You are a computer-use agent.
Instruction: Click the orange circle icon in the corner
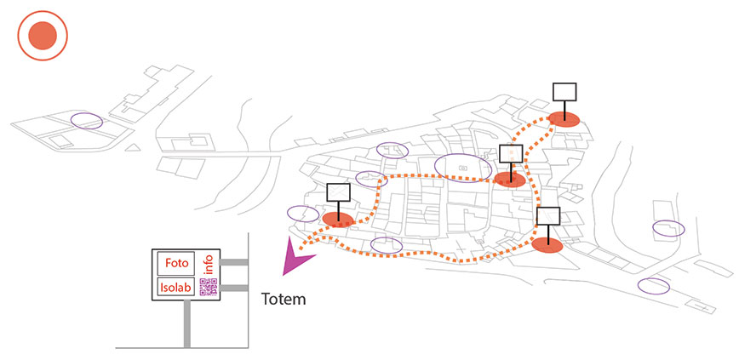(42, 36)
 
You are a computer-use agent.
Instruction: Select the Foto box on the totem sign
(175, 263)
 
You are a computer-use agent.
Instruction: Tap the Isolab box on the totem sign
(175, 288)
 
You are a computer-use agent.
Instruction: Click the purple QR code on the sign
(208, 287)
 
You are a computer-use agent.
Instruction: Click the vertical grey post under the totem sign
(186, 324)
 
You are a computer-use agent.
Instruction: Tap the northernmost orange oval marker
(563, 118)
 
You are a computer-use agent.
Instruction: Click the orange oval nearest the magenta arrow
(338, 220)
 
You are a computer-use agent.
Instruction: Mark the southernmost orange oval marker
(547, 245)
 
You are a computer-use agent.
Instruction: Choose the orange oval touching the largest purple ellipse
(510, 180)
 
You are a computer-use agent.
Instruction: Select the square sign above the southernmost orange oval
(548, 215)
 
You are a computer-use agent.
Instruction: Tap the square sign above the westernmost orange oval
(338, 192)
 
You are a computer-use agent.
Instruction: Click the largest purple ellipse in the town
(463, 167)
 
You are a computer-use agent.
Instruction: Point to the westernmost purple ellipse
(85, 121)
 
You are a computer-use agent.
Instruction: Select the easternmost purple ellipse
(668, 228)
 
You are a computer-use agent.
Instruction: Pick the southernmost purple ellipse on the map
(653, 286)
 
